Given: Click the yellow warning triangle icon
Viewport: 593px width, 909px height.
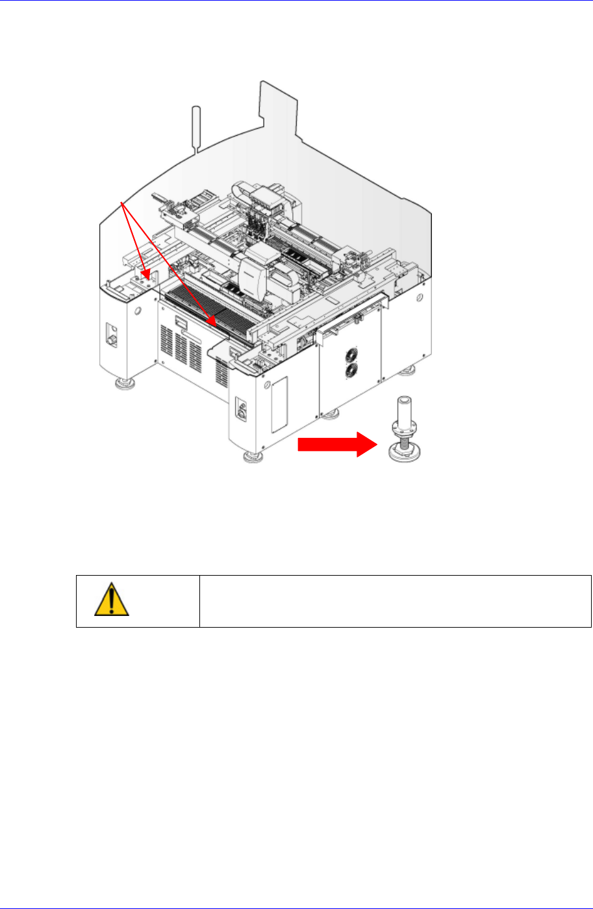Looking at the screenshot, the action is (x=111, y=600).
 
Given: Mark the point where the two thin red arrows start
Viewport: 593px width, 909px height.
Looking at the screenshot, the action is (x=123, y=201).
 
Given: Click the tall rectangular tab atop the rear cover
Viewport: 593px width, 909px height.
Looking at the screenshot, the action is (x=279, y=104).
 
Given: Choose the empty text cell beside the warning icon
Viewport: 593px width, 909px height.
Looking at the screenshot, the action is (x=395, y=601).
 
